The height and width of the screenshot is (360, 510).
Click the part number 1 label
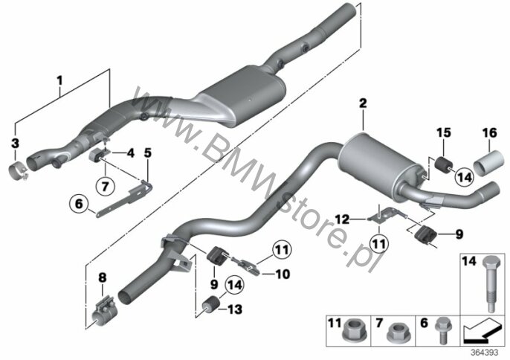click(x=59, y=80)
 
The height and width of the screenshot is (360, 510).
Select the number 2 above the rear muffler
click(x=363, y=103)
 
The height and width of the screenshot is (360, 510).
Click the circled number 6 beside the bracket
click(x=79, y=204)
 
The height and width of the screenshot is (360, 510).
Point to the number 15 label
click(x=444, y=133)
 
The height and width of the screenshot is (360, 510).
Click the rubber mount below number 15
click(x=443, y=164)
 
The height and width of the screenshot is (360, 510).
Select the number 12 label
click(x=342, y=219)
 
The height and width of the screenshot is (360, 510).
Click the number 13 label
click(x=235, y=309)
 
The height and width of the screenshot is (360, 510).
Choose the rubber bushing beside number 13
click(x=210, y=305)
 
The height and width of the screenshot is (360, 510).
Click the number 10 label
click(x=283, y=274)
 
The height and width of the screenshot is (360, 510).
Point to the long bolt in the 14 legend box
click(x=490, y=283)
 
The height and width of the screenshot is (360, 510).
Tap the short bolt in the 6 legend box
click(x=442, y=330)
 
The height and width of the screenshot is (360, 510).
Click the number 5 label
click(x=148, y=152)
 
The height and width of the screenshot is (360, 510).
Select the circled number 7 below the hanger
click(x=106, y=187)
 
